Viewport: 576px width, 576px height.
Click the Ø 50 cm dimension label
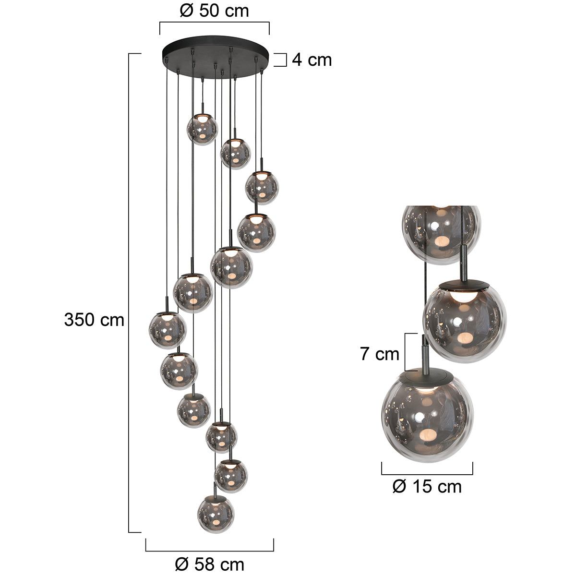click(214, 11)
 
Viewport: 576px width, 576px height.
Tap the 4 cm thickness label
click(312, 60)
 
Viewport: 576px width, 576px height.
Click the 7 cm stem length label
click(380, 354)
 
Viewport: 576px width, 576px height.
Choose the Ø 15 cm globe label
click(427, 487)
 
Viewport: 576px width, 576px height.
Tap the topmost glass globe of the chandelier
click(202, 129)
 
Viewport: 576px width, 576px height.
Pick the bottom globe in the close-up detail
click(427, 418)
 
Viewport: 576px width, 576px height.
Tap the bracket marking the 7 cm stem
click(407, 352)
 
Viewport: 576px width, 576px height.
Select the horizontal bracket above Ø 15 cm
click(427, 468)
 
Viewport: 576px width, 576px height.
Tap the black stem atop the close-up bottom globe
click(424, 353)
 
